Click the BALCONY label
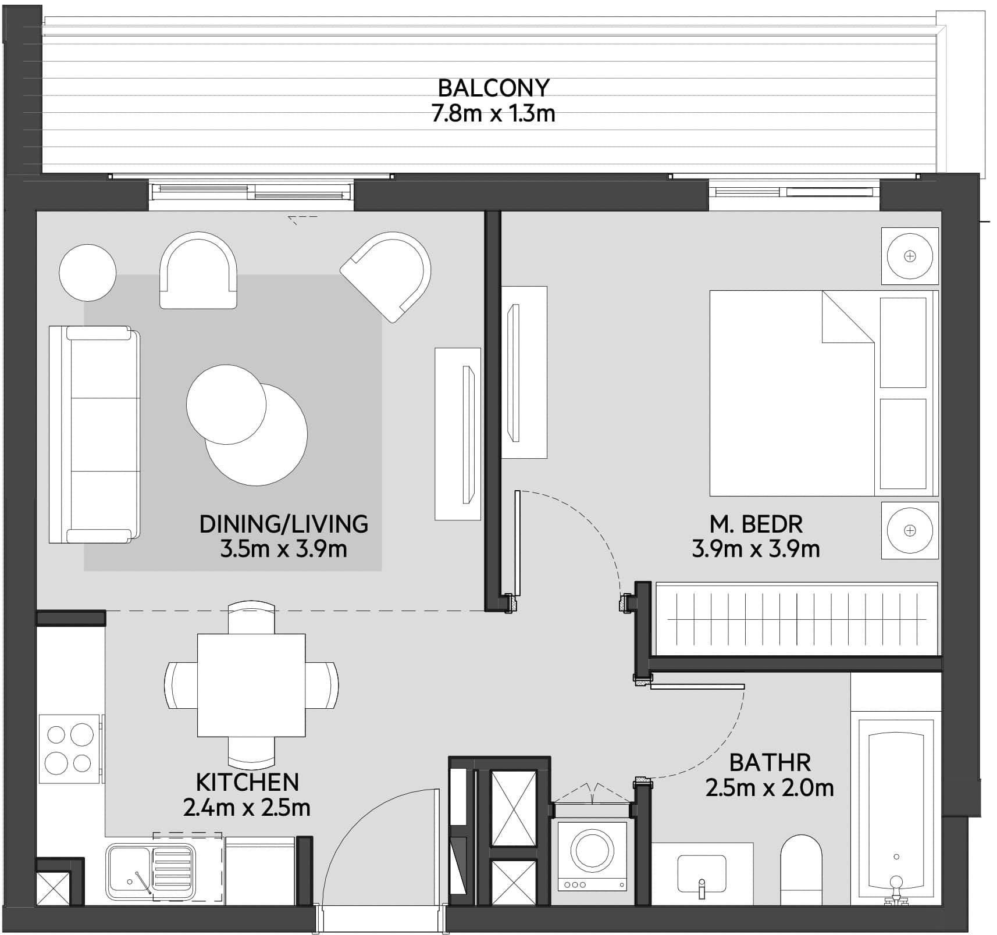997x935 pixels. click(493, 88)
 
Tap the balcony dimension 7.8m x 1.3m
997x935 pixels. click(493, 113)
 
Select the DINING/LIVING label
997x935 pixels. click(283, 524)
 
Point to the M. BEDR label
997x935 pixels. click(756, 524)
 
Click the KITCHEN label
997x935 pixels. click(247, 782)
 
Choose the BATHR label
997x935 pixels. click(770, 762)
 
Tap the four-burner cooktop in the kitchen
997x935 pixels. click(69, 748)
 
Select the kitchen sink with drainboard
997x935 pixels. click(150, 868)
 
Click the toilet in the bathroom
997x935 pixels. click(801, 870)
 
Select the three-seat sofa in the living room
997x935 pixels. click(95, 434)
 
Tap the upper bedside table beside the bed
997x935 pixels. click(910, 256)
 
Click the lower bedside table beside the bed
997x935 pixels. click(910, 530)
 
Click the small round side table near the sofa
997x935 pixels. click(88, 272)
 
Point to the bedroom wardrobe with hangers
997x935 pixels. click(796, 619)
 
